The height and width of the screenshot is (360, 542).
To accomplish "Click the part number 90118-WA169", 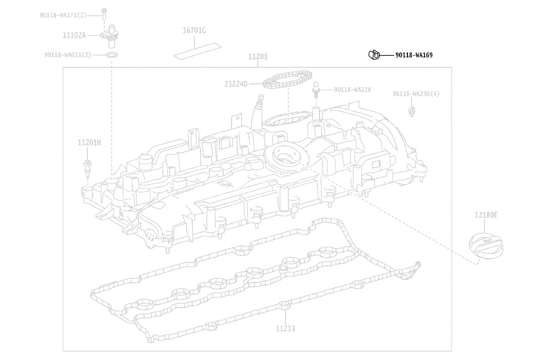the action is [414, 55].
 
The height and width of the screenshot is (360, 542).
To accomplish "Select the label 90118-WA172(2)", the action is [63, 15].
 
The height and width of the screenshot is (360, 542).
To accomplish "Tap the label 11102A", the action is [74, 35].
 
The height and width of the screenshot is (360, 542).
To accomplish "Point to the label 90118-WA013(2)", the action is [68, 55].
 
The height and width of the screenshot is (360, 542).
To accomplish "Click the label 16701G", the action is [194, 31].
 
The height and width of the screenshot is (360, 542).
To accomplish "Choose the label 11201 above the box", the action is [258, 57].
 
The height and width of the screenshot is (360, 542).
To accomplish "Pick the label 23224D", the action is [236, 84].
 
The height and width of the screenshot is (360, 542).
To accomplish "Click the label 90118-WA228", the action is [352, 90].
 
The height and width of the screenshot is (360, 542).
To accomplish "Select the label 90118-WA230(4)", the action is [416, 94].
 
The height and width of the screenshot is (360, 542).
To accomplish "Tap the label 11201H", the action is [89, 142].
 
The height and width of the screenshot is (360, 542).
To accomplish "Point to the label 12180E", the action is [486, 215].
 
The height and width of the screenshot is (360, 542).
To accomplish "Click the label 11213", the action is [286, 329].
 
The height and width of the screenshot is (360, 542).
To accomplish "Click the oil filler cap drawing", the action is [486, 246].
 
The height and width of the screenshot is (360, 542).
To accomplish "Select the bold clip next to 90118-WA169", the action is [374, 55].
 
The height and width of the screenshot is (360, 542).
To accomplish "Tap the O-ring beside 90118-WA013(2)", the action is [112, 55].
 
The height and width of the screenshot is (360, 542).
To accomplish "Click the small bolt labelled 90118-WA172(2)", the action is [104, 14].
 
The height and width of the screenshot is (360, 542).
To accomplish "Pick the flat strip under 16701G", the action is [197, 51].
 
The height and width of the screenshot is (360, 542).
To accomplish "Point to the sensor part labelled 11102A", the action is [110, 36].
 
